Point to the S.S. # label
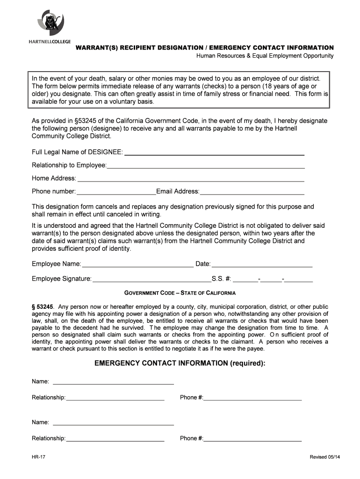point(221,279)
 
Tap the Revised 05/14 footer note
point(322,457)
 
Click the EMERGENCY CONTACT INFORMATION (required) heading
point(180,363)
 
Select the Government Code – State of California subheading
point(180,293)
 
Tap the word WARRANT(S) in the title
point(94,48)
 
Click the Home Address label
point(54,178)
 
